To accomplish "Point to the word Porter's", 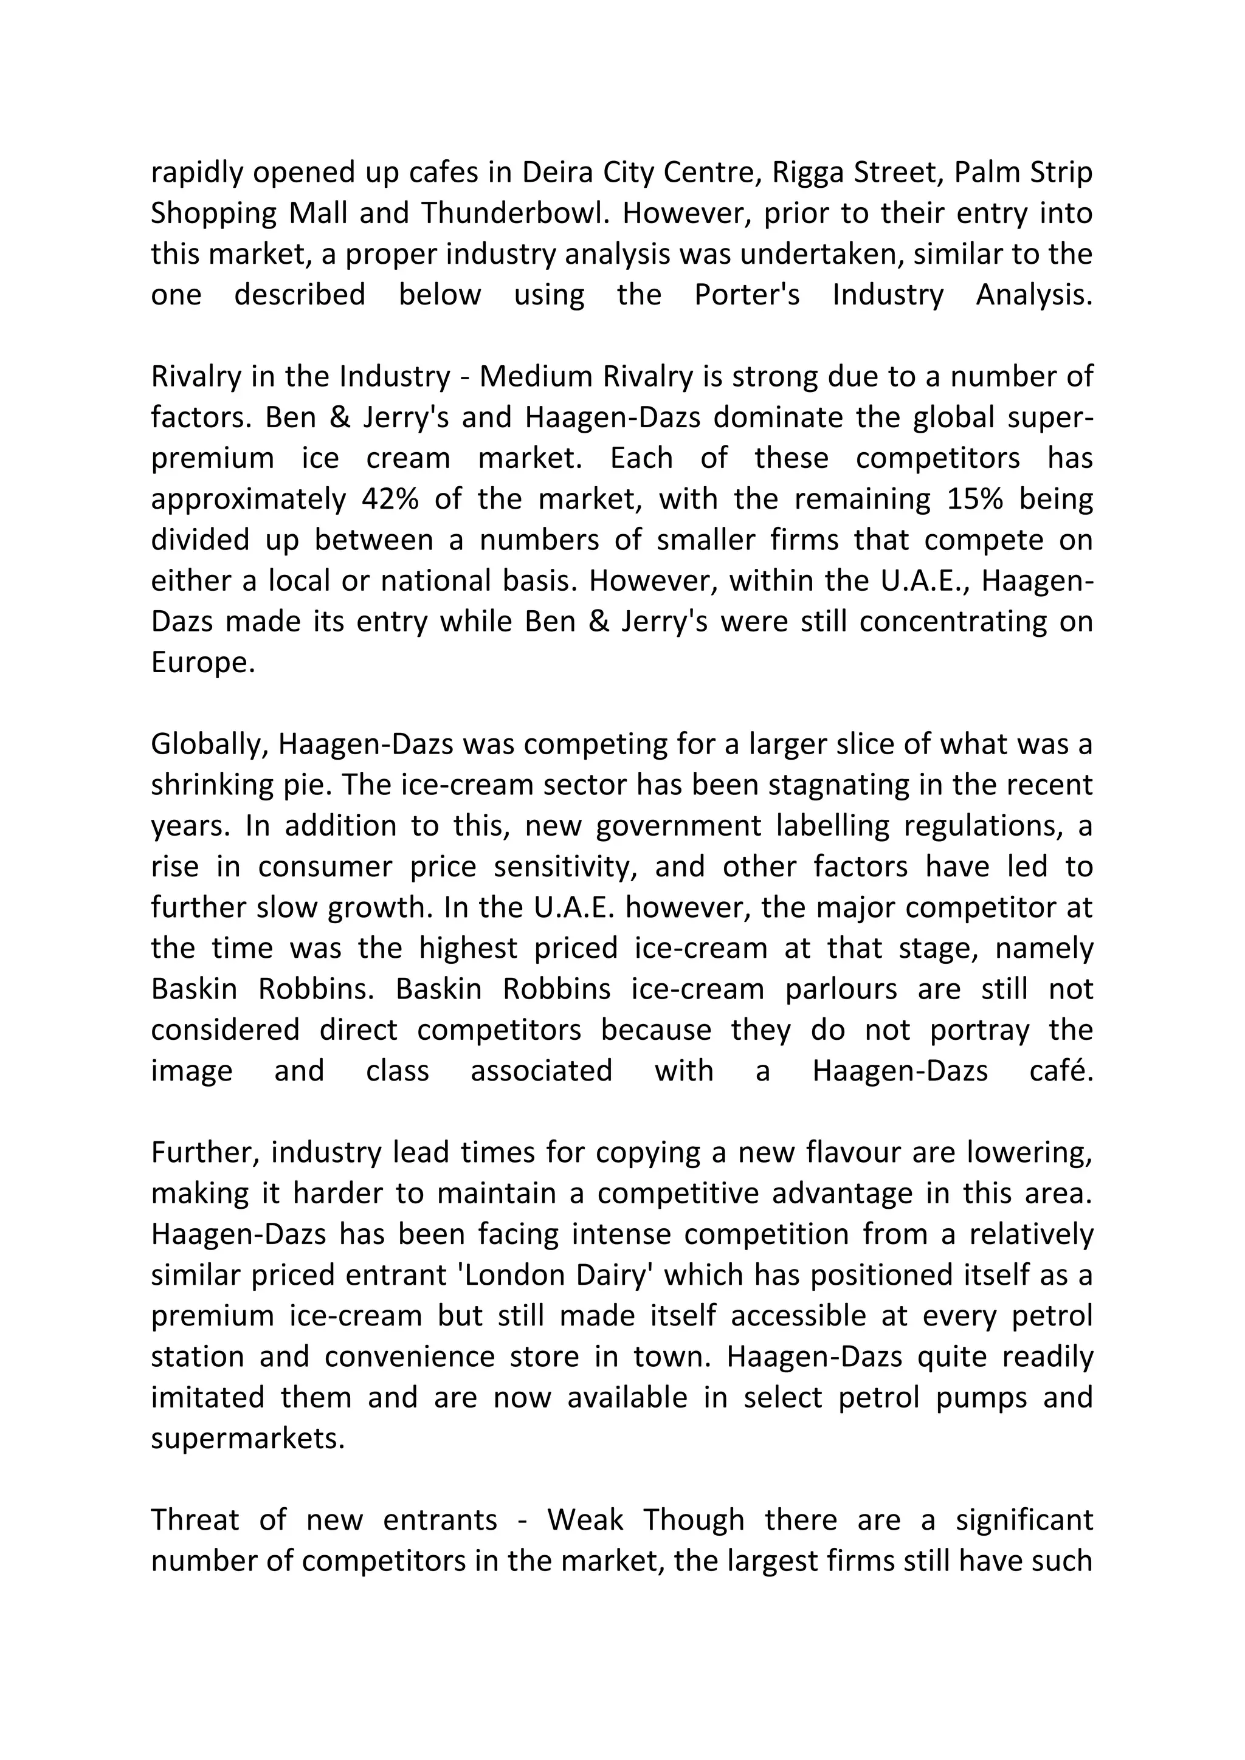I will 747,294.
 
